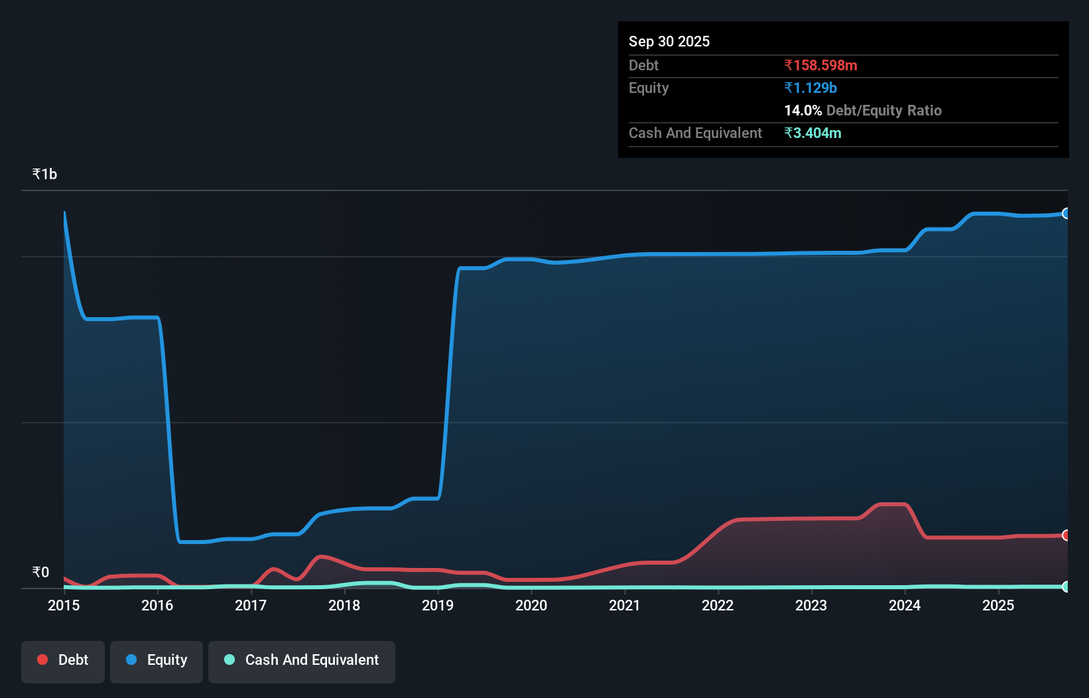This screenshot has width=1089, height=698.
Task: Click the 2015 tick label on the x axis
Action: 64,605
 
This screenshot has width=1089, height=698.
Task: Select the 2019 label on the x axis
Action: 438,605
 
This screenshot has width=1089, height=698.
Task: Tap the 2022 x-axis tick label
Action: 718,605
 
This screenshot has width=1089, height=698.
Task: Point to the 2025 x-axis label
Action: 998,605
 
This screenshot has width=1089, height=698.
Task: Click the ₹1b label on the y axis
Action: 44,174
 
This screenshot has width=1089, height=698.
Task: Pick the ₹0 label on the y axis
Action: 40,572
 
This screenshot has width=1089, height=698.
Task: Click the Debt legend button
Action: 63,660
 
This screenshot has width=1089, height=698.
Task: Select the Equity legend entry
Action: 157,660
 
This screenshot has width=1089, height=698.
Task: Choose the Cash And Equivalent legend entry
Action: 302,660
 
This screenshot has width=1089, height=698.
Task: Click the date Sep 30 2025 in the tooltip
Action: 669,42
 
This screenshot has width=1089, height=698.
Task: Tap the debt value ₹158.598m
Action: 820,66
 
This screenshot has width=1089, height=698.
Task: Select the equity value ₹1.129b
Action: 810,88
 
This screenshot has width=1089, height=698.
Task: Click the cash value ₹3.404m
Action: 812,133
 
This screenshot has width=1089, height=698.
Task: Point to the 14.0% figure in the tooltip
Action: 802,111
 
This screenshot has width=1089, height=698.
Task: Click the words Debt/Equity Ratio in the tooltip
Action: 883,111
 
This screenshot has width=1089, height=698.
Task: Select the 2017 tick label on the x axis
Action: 251,605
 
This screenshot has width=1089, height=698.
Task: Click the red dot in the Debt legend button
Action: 42,660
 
